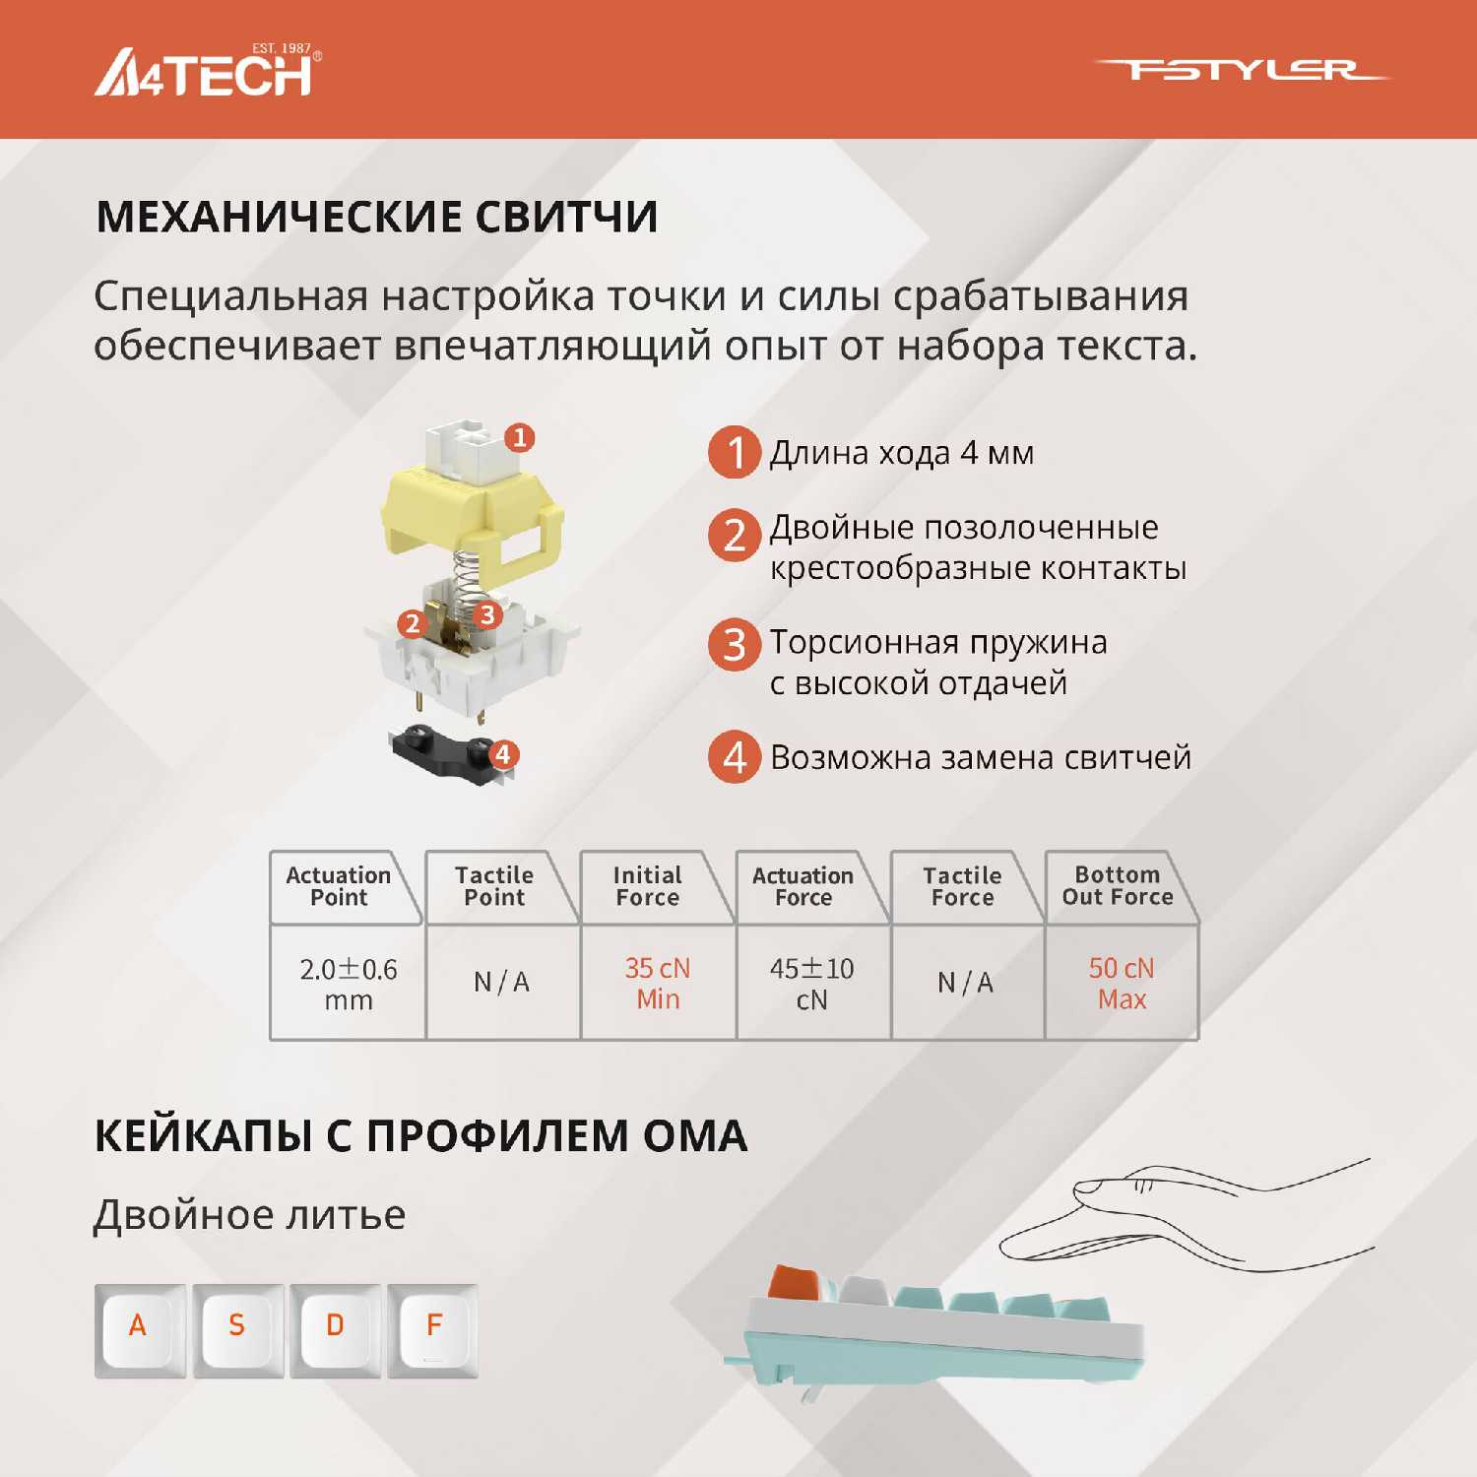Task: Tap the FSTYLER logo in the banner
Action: (x=1241, y=70)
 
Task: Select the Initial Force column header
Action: (x=647, y=886)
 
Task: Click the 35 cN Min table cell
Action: (x=658, y=984)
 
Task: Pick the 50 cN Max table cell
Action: (x=1122, y=984)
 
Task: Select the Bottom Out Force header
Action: (x=1118, y=885)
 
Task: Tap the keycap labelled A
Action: (x=140, y=1330)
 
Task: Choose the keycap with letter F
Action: (x=433, y=1330)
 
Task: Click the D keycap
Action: (x=336, y=1330)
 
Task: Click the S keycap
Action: (x=238, y=1330)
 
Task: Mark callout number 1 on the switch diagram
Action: (x=520, y=437)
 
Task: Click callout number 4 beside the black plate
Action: (x=503, y=754)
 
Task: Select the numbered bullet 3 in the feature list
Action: (x=735, y=645)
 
